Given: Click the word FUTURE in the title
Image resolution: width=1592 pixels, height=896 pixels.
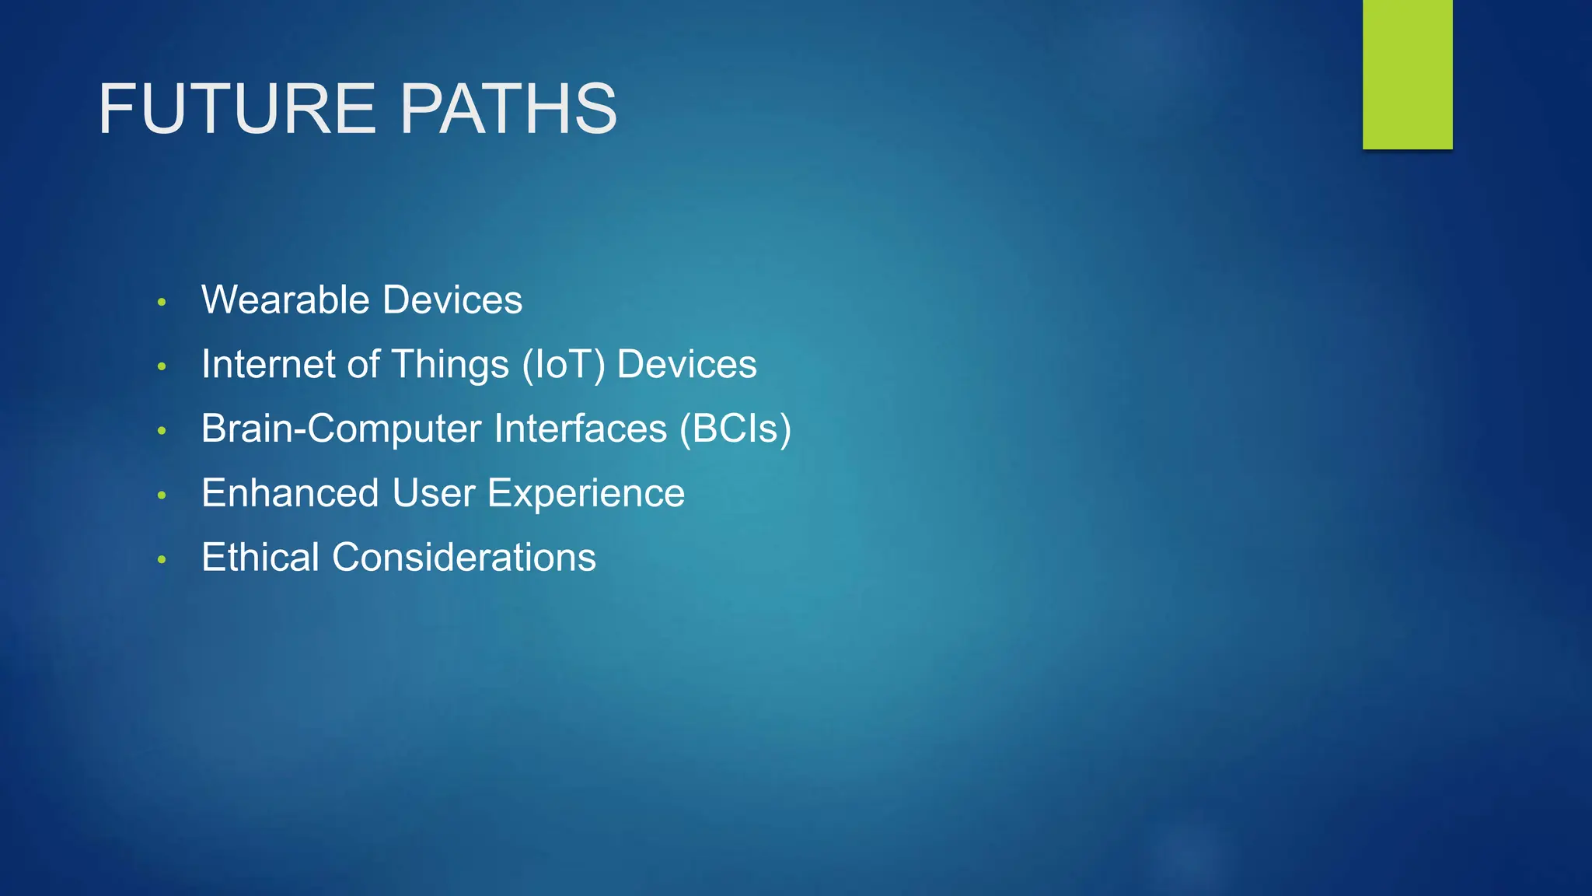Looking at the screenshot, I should tap(237, 109).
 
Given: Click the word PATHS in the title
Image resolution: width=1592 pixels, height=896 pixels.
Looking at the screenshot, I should tap(508, 109).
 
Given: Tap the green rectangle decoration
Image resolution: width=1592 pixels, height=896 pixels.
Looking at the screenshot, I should tap(1407, 74).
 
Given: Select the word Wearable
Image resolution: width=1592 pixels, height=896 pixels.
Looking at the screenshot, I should tap(285, 300).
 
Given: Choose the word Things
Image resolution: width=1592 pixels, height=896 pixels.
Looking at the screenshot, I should tap(450, 365).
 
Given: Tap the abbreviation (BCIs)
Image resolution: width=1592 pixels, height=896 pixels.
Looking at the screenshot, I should tap(735, 429).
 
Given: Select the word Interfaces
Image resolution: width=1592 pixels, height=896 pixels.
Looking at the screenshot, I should tap(580, 429).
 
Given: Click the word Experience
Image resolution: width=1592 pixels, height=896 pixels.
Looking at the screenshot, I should tap(586, 494).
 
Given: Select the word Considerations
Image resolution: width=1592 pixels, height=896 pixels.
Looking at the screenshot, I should tap(464, 558).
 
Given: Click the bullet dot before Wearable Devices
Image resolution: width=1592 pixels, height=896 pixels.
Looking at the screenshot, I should tap(162, 302).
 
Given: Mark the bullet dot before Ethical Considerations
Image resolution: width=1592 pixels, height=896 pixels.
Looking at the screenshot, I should tap(162, 559).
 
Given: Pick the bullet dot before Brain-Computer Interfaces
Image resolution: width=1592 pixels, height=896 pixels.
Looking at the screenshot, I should tap(162, 431).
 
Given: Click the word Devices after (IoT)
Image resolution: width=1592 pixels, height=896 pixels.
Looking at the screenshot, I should tap(686, 365).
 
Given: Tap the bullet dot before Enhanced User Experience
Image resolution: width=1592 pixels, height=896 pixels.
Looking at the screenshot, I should tap(162, 495).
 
